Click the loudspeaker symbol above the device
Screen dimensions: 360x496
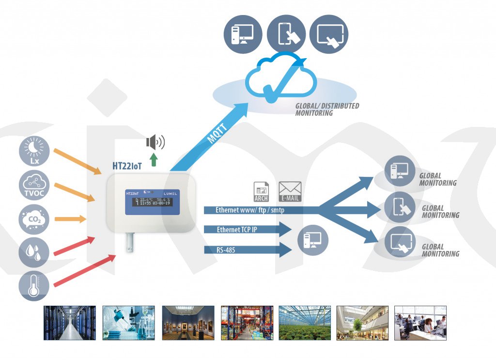click(155, 142)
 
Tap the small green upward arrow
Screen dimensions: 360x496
click(154, 159)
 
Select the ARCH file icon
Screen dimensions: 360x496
click(261, 192)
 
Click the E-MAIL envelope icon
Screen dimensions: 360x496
click(290, 192)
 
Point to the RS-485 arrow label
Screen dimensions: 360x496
click(230, 250)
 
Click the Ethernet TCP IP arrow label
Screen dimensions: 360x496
click(237, 230)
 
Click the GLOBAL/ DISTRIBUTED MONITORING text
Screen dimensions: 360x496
click(327, 109)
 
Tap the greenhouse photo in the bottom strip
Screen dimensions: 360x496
click(305, 323)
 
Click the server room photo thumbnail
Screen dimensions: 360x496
click(70, 323)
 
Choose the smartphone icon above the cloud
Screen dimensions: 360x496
click(285, 34)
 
